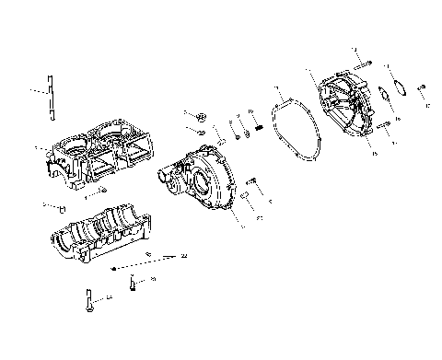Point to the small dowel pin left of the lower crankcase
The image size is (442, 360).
[61, 207]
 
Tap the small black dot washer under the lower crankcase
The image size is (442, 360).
[112, 267]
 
